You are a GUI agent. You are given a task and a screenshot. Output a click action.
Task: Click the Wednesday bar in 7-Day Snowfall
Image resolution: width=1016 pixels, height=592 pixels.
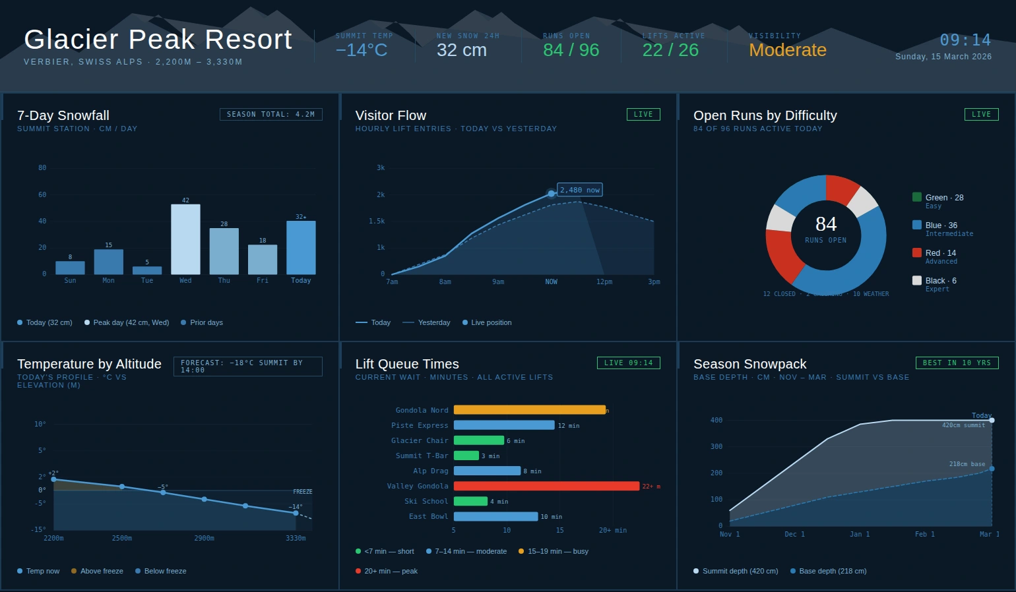[x=185, y=239]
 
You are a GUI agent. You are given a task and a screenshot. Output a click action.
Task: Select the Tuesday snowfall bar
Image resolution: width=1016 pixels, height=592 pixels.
[x=147, y=270]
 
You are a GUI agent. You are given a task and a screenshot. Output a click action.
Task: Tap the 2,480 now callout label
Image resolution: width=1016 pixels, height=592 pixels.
[x=580, y=190]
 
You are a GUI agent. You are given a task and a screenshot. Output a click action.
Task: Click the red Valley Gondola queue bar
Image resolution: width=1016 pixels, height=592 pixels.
[x=546, y=487]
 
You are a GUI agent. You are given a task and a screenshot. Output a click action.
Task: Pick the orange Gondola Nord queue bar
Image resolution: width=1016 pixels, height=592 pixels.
[x=529, y=410]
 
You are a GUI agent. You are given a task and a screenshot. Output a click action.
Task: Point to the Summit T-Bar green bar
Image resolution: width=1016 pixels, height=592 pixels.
[x=466, y=456]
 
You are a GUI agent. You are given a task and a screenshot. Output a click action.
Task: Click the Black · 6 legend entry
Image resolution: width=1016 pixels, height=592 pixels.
[x=940, y=281]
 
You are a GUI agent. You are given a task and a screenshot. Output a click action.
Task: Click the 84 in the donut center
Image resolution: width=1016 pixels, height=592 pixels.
[x=825, y=224]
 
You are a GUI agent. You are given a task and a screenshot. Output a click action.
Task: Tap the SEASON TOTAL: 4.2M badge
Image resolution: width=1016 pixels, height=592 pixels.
[x=270, y=115]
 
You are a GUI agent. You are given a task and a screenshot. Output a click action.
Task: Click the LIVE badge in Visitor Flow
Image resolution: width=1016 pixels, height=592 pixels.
[x=643, y=115]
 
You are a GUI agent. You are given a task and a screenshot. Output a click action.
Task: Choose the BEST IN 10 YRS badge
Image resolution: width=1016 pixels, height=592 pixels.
[x=957, y=363]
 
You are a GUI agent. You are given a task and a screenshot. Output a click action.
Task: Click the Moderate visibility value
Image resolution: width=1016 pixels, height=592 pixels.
[x=787, y=50]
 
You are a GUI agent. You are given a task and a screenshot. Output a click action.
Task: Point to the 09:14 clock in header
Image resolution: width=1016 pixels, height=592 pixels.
[x=965, y=40]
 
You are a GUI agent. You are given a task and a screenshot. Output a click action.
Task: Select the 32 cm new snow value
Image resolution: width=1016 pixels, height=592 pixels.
[x=461, y=50]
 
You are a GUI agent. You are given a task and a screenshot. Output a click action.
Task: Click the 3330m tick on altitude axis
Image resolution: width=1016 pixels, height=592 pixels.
[x=296, y=539]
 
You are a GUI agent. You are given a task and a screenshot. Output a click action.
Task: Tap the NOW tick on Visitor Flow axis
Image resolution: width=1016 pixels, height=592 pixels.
[x=551, y=282]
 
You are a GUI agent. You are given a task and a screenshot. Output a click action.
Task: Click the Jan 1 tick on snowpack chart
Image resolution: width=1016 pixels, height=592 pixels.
[x=860, y=535]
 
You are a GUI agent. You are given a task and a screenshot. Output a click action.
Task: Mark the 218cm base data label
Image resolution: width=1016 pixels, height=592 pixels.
[x=967, y=464]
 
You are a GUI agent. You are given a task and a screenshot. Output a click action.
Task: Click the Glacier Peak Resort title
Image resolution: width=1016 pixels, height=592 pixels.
[x=158, y=40]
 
